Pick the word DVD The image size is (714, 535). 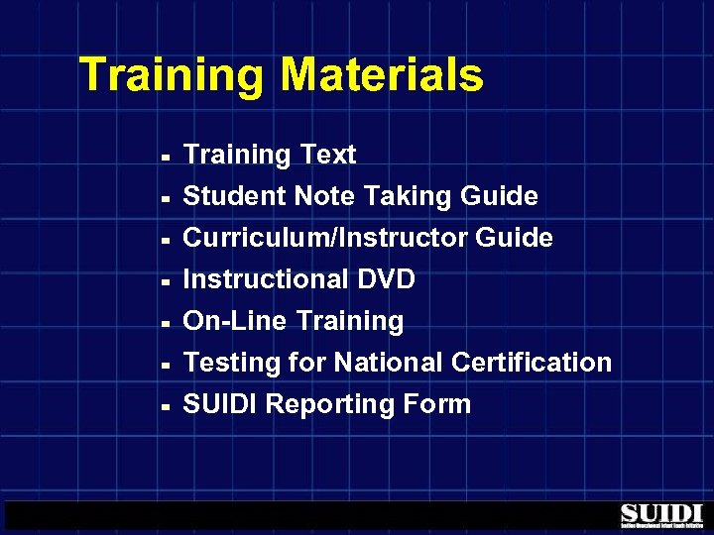pyautogui.click(x=385, y=279)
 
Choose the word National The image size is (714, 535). pyautogui.click(x=388, y=363)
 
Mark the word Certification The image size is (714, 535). pyautogui.click(x=532, y=363)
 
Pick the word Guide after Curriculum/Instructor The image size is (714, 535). pyautogui.click(x=514, y=238)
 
